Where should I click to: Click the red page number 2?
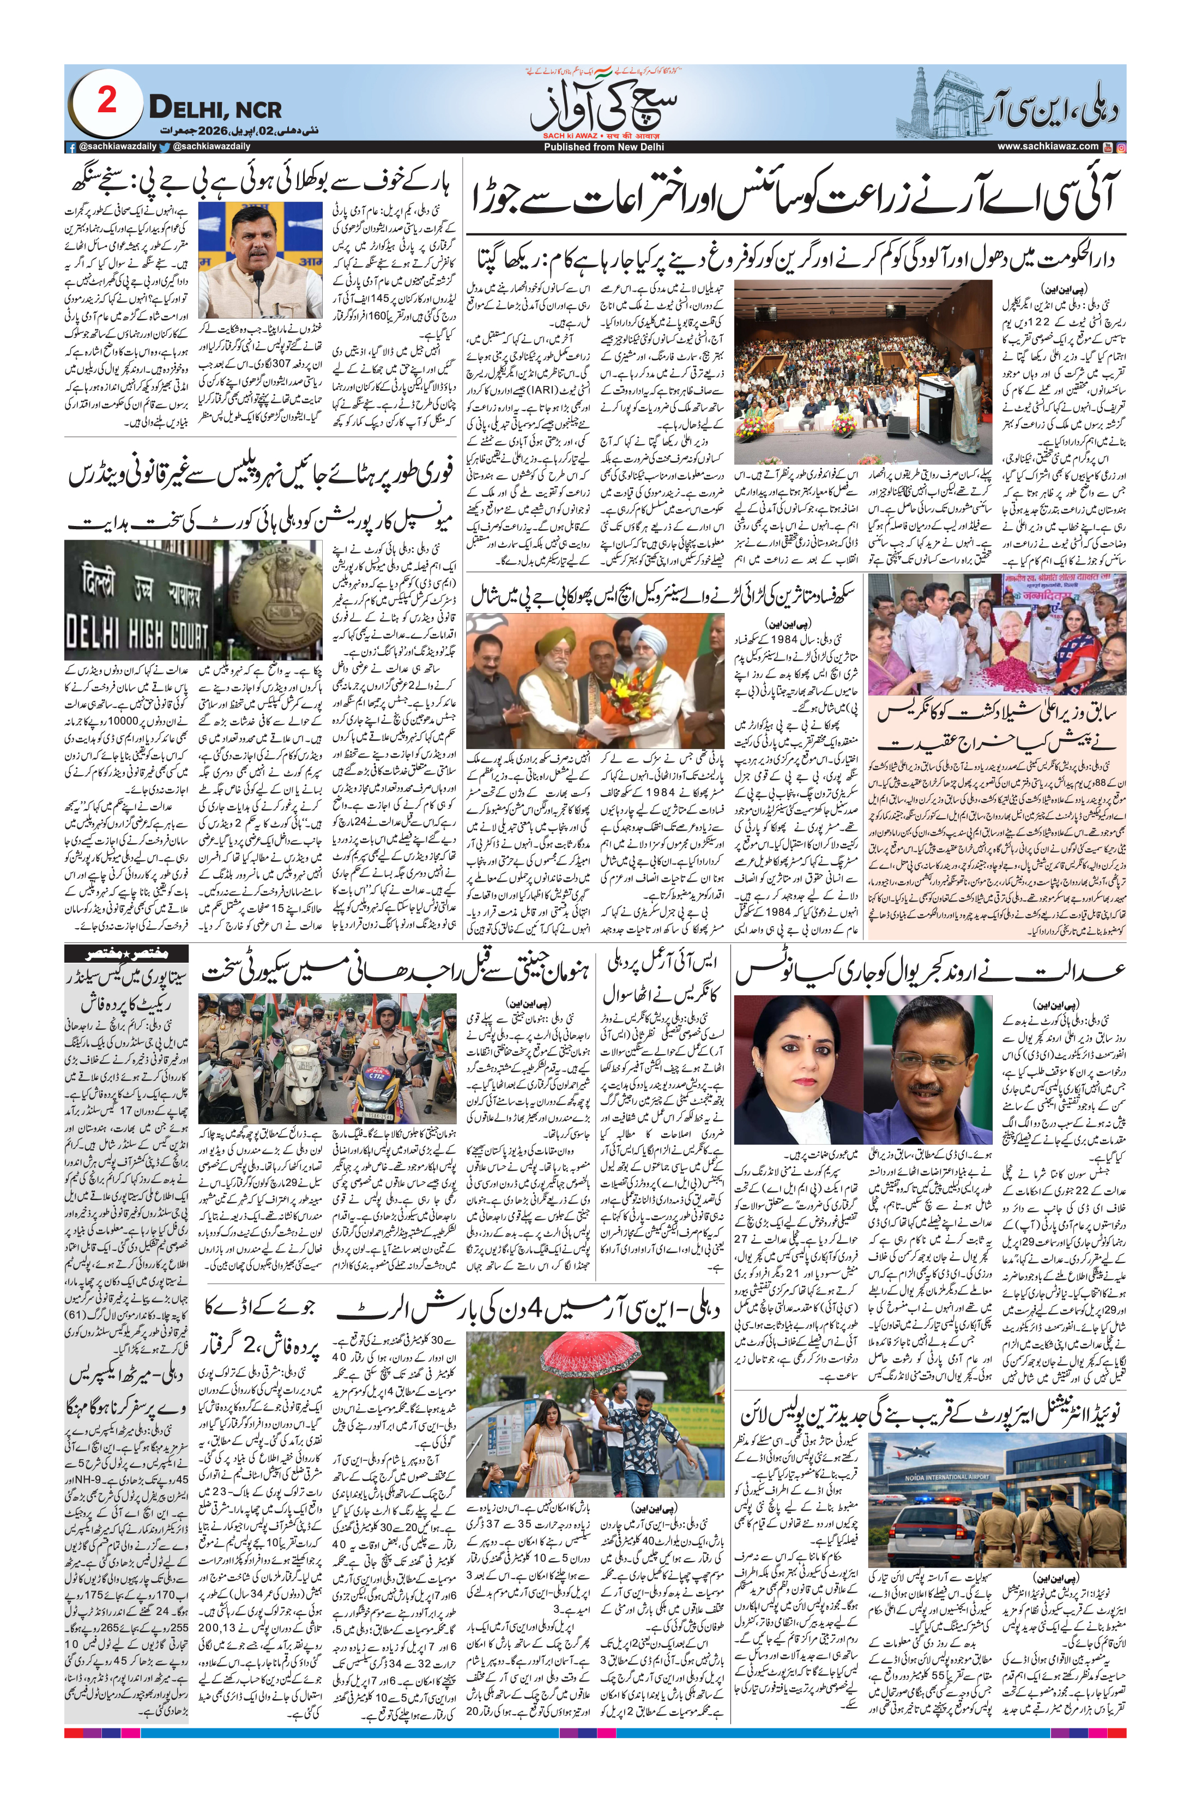(x=107, y=101)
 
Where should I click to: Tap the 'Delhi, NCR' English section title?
(x=215, y=109)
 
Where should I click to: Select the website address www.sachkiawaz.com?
(x=1047, y=147)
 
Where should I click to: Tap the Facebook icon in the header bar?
(x=70, y=147)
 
